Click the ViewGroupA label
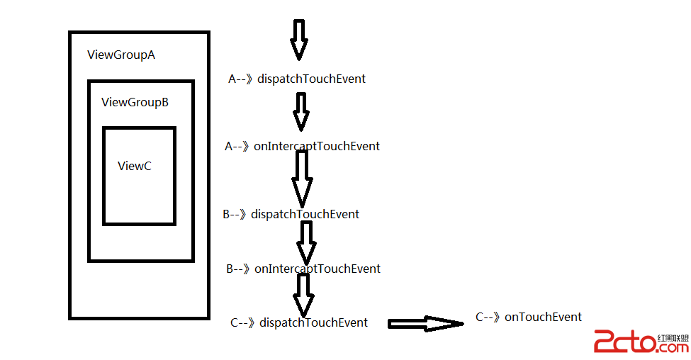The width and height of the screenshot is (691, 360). pyautogui.click(x=120, y=55)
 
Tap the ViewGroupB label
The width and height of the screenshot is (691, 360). pyautogui.click(x=135, y=102)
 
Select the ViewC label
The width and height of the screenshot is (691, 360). pyautogui.click(x=134, y=166)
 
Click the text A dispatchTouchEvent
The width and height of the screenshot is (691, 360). pyautogui.click(x=297, y=79)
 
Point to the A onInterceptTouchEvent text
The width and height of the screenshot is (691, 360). pyautogui.click(x=302, y=146)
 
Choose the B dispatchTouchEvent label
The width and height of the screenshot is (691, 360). pyautogui.click(x=291, y=214)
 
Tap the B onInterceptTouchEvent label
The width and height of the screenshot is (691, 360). pyautogui.click(x=303, y=269)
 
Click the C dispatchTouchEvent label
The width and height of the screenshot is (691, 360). pyautogui.click(x=299, y=322)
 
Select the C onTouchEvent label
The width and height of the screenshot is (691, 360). pyautogui.click(x=529, y=317)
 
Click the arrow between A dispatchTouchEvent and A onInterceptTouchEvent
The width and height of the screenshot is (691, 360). pyautogui.click(x=301, y=111)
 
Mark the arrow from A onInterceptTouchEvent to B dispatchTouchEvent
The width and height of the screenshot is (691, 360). pyautogui.click(x=302, y=177)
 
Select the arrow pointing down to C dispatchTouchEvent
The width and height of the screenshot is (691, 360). pyautogui.click(x=304, y=294)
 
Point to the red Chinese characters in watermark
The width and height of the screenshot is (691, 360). pyautogui.click(x=673, y=338)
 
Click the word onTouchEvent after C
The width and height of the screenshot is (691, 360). pyautogui.click(x=543, y=317)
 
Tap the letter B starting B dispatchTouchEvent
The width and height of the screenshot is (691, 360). pyautogui.click(x=226, y=214)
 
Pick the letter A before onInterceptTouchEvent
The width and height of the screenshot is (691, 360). pyautogui.click(x=229, y=146)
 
